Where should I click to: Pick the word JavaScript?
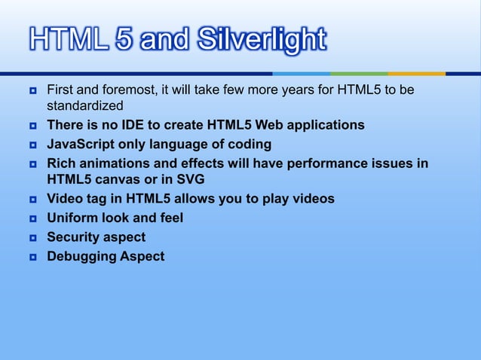click(x=78, y=144)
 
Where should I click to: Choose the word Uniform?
click(x=72, y=218)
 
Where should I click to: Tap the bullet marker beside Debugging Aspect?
click(x=34, y=257)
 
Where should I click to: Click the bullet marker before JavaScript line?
click(x=34, y=145)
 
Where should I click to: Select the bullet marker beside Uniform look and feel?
click(x=34, y=219)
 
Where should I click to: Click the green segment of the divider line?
click(x=359, y=74)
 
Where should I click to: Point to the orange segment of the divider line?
click(x=416, y=74)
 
